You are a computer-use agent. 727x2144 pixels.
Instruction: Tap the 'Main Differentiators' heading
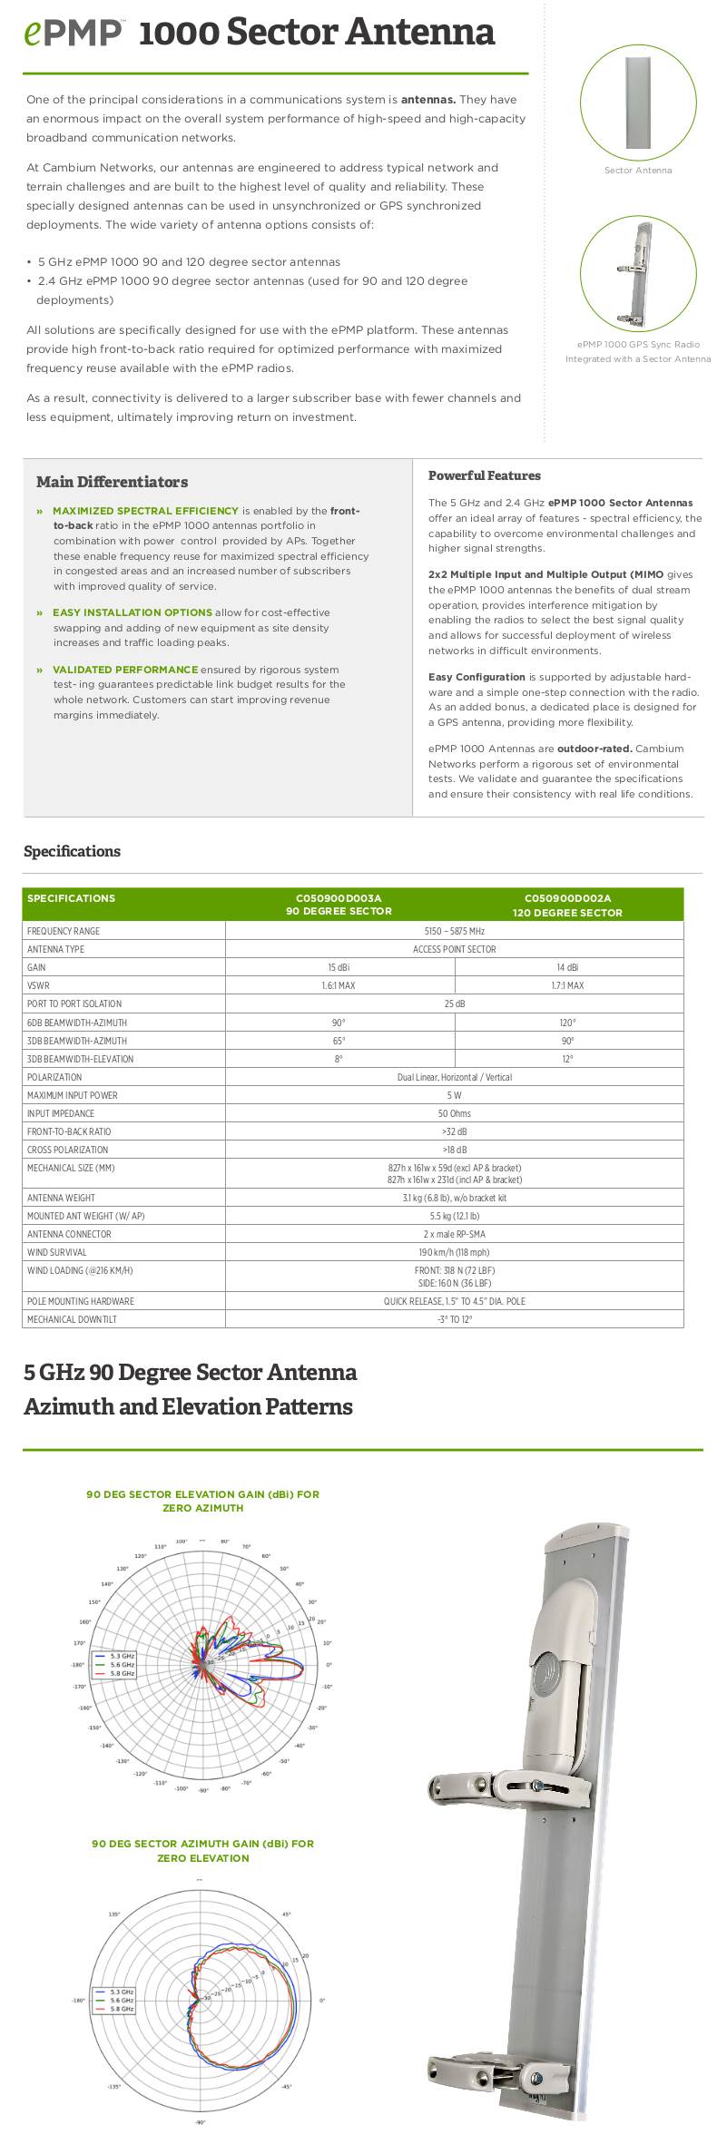pyautogui.click(x=112, y=482)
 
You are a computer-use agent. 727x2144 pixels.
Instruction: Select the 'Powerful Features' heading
pyautogui.click(x=484, y=475)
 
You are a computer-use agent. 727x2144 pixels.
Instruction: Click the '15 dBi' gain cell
pyautogui.click(x=339, y=967)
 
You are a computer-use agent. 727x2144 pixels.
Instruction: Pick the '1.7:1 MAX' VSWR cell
pyautogui.click(x=567, y=985)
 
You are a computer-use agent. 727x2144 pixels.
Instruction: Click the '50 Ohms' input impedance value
pyautogui.click(x=454, y=1113)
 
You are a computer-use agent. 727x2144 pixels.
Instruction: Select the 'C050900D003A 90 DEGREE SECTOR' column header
pyautogui.click(x=339, y=905)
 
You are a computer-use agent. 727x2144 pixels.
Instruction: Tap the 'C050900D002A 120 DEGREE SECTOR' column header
pyautogui.click(x=567, y=906)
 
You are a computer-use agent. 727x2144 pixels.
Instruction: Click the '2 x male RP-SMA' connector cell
pyautogui.click(x=454, y=1234)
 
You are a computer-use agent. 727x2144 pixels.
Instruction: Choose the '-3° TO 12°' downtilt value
pyautogui.click(x=454, y=1319)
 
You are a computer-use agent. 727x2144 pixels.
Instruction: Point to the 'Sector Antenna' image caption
pyautogui.click(x=638, y=171)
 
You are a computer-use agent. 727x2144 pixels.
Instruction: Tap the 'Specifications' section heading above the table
pyautogui.click(x=72, y=851)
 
